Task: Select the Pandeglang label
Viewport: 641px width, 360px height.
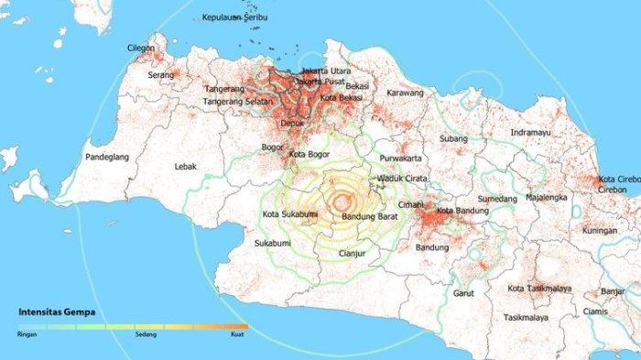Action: [106, 158]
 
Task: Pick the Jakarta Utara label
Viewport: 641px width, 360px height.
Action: [327, 70]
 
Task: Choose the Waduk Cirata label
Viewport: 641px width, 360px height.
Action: [404, 179]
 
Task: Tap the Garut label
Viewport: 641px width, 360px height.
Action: [463, 294]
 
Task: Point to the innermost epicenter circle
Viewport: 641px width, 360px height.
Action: [342, 202]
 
